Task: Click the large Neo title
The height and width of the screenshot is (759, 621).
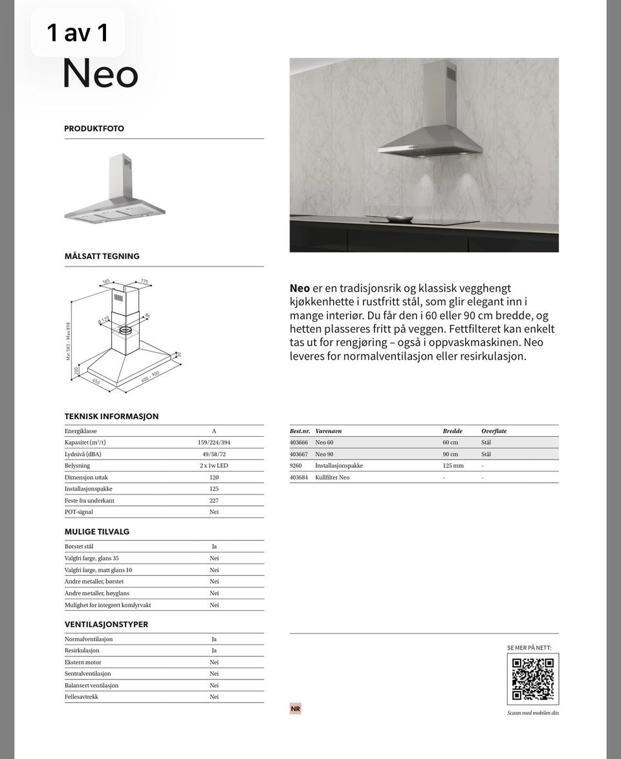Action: [100, 74]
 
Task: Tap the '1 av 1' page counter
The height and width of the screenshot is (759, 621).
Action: [78, 33]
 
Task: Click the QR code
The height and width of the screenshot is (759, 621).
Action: [532, 679]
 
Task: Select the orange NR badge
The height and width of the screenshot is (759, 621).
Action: [296, 709]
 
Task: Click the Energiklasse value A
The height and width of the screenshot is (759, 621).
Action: [214, 431]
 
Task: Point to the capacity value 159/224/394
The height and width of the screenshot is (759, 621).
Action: [214, 443]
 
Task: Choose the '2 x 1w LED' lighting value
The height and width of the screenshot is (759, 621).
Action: [214, 466]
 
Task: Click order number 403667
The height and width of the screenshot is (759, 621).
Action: [299, 454]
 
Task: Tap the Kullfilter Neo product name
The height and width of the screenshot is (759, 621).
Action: [332, 478]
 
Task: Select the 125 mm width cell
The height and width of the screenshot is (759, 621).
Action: [453, 466]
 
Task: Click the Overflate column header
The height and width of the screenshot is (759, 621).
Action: [494, 431]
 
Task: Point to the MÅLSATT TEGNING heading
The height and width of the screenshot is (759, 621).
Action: [102, 256]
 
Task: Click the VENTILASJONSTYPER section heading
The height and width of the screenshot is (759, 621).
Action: [106, 624]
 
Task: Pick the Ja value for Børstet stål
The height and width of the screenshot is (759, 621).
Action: [214, 547]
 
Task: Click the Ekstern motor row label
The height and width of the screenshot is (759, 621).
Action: [83, 663]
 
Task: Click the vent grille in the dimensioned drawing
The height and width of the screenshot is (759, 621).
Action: [118, 300]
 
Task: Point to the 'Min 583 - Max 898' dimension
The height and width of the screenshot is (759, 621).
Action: [69, 341]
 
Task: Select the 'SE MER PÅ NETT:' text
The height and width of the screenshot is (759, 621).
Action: [529, 648]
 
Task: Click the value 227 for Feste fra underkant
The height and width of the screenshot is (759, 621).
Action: [214, 501]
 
